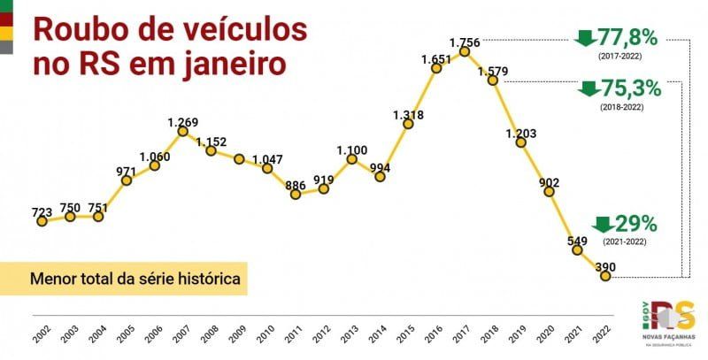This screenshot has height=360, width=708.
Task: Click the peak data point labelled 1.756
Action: point(465,52)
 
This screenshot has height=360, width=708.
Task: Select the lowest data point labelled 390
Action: point(605,276)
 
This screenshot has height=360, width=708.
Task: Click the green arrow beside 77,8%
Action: point(585,38)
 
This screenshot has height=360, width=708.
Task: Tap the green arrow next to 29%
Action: point(603,224)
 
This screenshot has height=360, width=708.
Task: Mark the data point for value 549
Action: point(577,250)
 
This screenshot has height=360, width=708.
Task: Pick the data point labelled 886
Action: point(296,194)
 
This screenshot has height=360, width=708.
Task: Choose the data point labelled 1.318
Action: point(408,124)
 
